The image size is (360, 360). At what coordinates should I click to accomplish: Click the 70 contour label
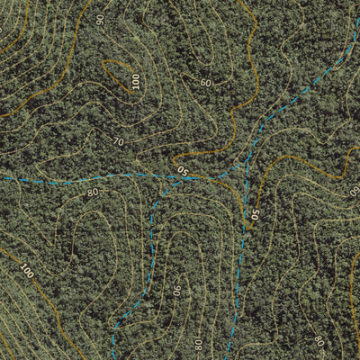click(x=119, y=141)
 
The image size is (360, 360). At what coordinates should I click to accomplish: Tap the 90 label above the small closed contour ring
click(x=99, y=19)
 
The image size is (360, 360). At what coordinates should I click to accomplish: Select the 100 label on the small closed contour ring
click(x=135, y=81)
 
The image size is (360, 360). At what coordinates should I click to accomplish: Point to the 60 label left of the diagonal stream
click(x=206, y=83)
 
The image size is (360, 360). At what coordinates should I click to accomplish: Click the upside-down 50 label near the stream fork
click(x=183, y=169)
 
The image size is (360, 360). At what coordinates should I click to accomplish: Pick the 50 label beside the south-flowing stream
click(x=255, y=215)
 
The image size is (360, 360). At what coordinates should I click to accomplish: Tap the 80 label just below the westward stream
click(x=92, y=192)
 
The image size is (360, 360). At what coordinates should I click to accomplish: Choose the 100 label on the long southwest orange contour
click(x=25, y=270)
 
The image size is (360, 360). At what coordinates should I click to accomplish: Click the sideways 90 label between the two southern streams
click(x=177, y=291)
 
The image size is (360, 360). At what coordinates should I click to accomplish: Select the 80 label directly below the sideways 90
click(x=197, y=343)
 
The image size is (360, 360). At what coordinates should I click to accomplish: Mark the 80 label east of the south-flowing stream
click(x=318, y=340)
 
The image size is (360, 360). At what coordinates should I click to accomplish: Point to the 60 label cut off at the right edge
click(x=355, y=191)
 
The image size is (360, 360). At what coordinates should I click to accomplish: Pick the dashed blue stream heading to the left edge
click(x=72, y=180)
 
